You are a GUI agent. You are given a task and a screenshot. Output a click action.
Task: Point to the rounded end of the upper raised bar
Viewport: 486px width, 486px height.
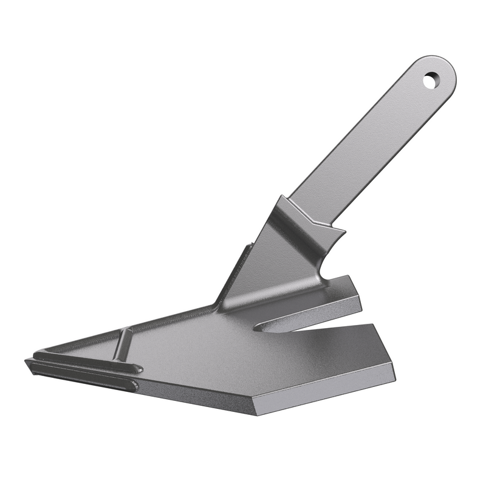pyautogui.click(x=137, y=368)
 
